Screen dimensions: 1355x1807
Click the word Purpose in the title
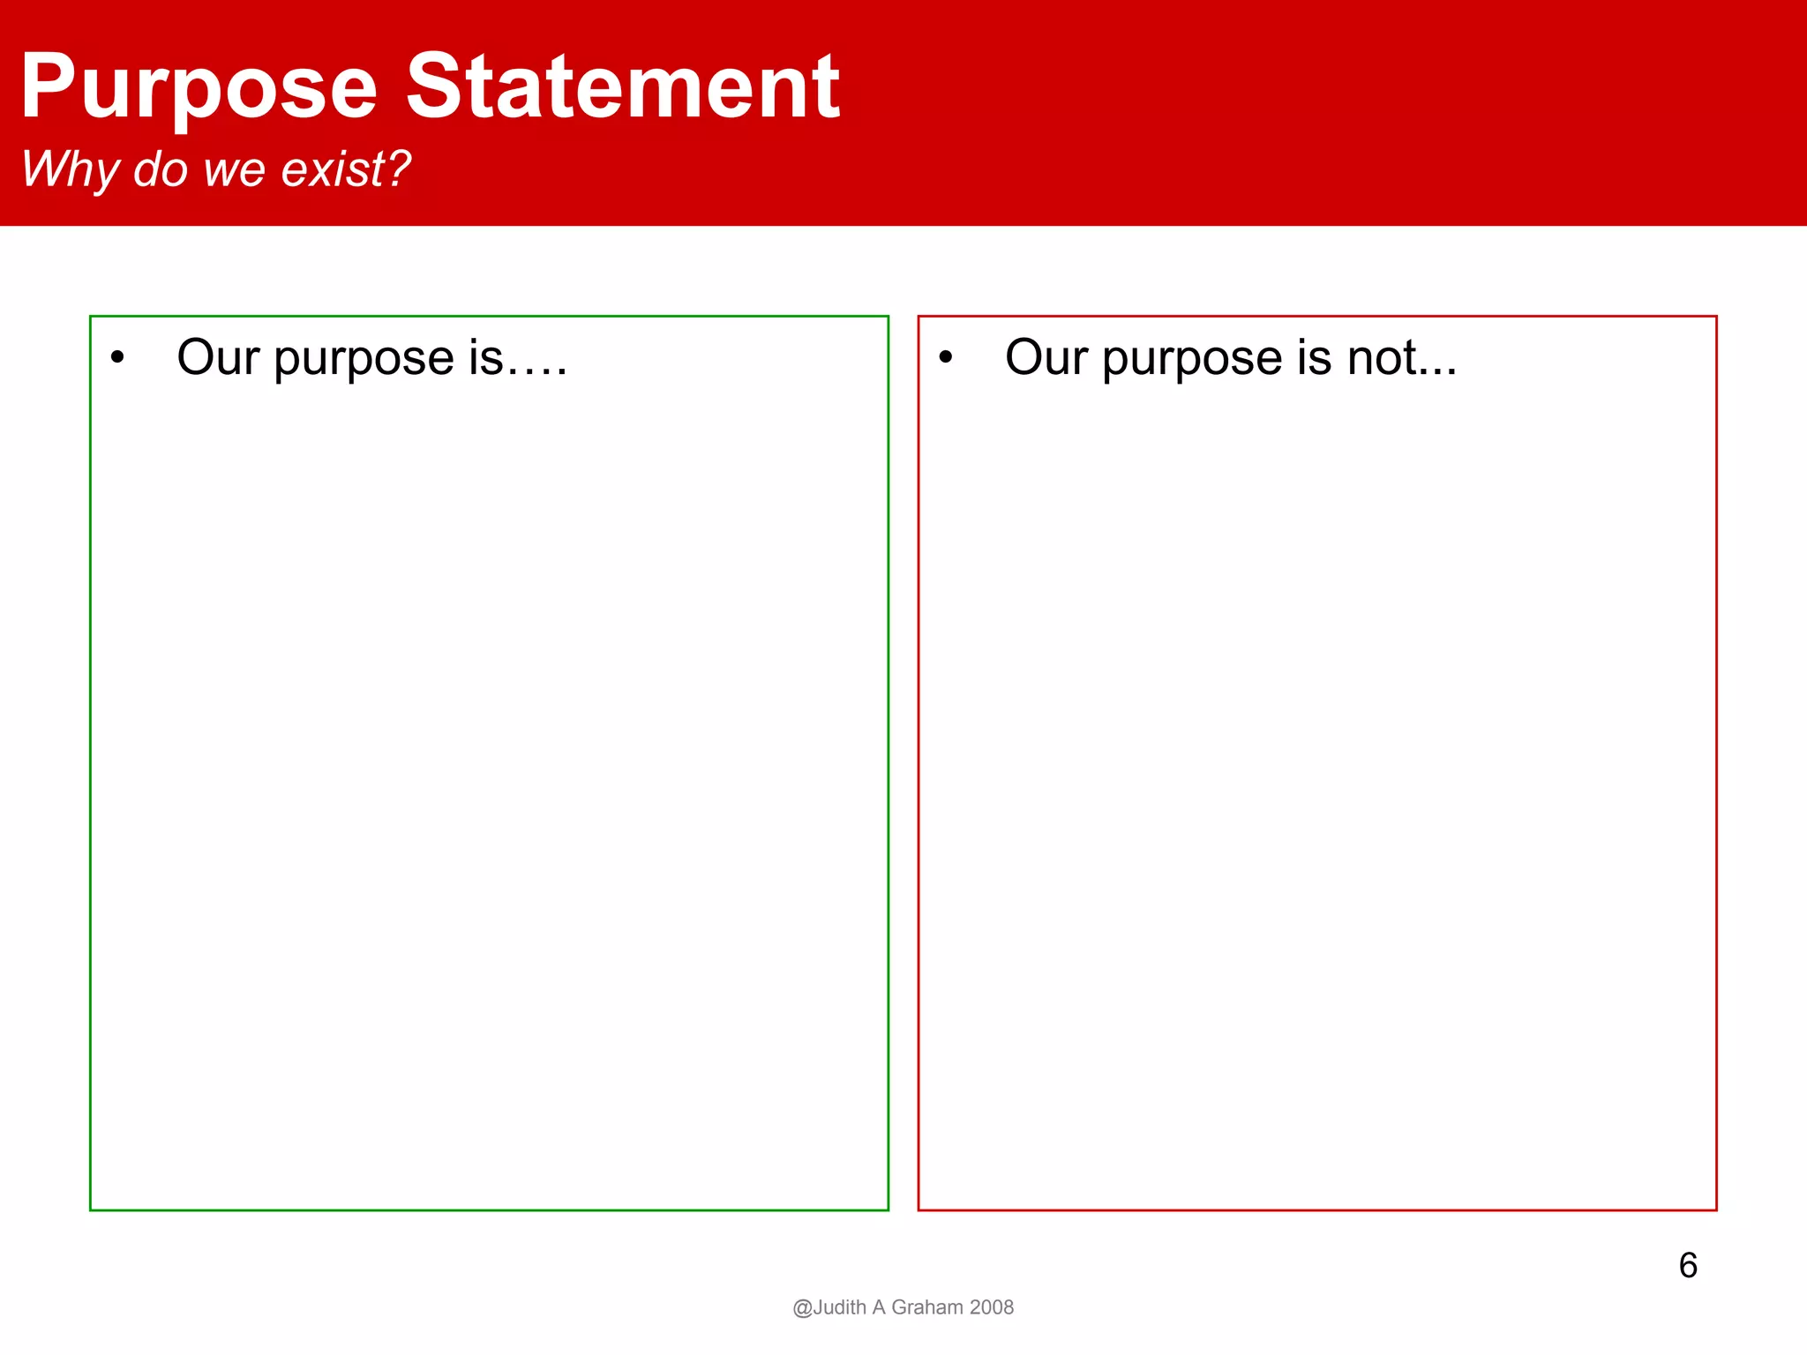199,88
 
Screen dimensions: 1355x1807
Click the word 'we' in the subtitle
234,170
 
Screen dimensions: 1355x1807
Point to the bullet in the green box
117,358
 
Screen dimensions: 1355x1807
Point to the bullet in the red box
946,358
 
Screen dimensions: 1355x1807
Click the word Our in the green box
218,357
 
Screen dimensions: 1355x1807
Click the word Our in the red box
1046,357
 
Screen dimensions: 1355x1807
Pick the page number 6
1688,1265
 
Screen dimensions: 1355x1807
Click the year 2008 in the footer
992,1307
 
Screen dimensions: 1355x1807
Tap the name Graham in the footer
926,1307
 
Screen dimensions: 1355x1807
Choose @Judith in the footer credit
829,1307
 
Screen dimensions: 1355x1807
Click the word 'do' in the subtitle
160,168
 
